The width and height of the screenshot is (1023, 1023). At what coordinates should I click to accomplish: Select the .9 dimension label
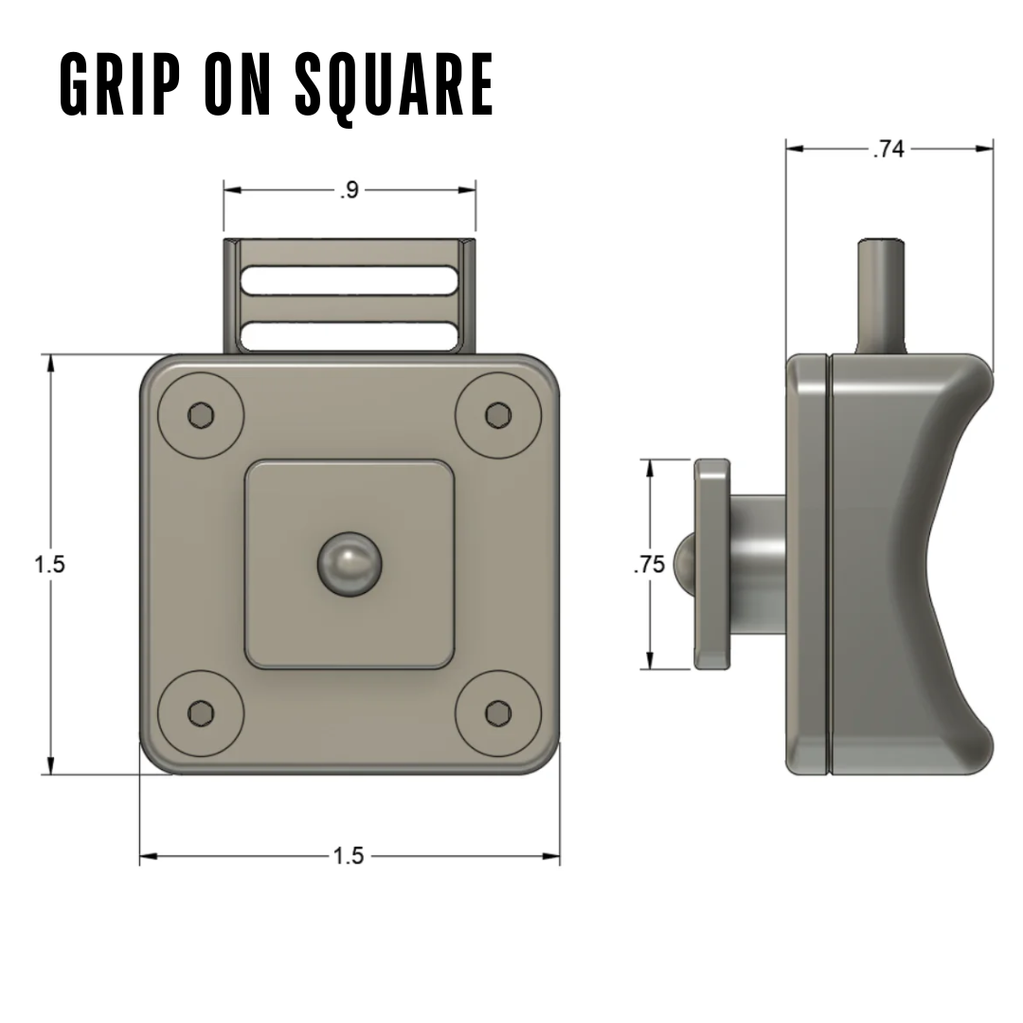[x=350, y=190]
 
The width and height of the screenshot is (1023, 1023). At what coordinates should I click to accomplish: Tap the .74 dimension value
[x=888, y=149]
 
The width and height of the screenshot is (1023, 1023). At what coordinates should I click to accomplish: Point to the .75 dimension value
[x=649, y=565]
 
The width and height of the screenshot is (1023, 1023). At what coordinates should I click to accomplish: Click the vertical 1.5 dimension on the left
[x=50, y=565]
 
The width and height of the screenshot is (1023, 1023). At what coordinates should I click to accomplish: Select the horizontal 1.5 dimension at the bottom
[x=348, y=856]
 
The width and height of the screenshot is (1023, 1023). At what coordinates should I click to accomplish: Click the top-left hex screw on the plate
[x=201, y=415]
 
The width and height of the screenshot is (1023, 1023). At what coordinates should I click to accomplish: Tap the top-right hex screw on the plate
[x=497, y=415]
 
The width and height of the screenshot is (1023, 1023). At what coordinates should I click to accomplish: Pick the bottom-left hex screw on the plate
[x=201, y=712]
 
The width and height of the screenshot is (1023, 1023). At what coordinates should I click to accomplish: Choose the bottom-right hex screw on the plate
[x=497, y=712]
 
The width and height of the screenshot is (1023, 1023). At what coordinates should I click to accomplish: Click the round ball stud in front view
[x=350, y=565]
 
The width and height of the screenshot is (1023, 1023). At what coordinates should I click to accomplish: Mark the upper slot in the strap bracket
[x=350, y=280]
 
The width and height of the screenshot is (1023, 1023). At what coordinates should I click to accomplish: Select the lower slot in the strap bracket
[x=350, y=336]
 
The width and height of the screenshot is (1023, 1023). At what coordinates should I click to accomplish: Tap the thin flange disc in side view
[x=711, y=565]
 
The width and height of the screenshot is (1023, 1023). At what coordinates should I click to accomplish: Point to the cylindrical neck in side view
[x=758, y=565]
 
